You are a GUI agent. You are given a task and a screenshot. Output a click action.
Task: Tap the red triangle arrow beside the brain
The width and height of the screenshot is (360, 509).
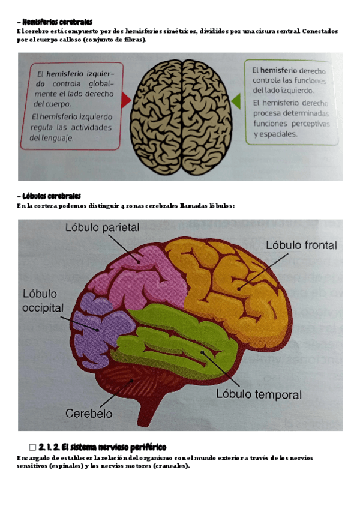point(126,100)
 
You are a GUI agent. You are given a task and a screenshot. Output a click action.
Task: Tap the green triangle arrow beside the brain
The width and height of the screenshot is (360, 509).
point(236,100)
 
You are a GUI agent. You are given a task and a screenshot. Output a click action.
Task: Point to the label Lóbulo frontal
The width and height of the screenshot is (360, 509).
point(301,245)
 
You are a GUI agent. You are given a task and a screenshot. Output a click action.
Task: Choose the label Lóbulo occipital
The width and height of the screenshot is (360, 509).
point(43,300)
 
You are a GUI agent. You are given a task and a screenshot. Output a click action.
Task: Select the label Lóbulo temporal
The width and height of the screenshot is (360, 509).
point(259,394)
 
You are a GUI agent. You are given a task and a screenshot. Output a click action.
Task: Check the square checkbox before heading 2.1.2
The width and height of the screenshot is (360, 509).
point(33,447)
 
